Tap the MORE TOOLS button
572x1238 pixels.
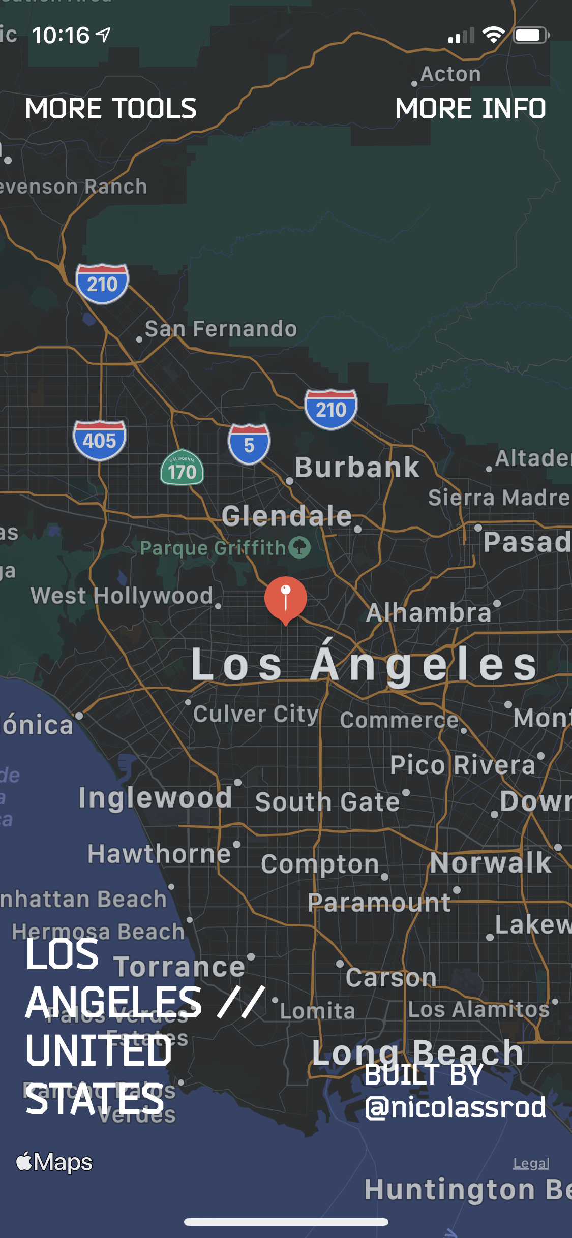(111, 109)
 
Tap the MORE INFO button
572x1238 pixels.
(470, 109)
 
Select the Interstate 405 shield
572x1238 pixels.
(100, 440)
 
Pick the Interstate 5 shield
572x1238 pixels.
(249, 444)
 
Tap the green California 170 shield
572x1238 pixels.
(182, 468)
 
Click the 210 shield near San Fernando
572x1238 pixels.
(102, 284)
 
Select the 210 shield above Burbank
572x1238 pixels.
(331, 409)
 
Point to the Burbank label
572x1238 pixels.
(357, 467)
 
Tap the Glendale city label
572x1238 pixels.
(287, 516)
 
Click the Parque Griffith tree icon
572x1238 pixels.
(299, 547)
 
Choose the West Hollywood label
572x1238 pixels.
(122, 596)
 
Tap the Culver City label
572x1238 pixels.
(255, 714)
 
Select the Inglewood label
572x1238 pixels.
(155, 797)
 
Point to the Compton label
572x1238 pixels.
(320, 864)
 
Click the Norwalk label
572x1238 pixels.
(490, 862)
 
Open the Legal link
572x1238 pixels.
(531, 1163)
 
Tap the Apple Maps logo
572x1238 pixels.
(54, 1162)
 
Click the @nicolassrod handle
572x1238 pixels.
(456, 1107)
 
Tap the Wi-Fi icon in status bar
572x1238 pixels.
(493, 35)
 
